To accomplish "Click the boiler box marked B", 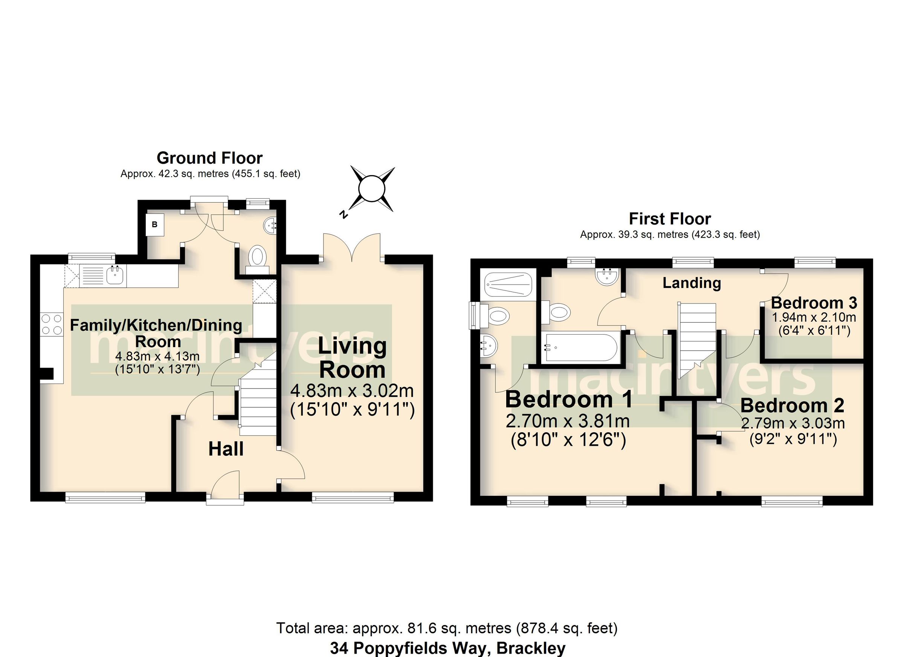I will click(154, 225).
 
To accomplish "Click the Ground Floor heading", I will click(210, 158).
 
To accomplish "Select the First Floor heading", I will click(670, 219).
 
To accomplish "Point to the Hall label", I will click(226, 450).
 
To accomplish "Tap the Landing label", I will click(692, 283).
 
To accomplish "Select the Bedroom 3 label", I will click(814, 303).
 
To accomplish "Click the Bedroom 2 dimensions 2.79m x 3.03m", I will click(793, 424).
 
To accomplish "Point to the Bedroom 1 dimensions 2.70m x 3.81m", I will click(568, 421).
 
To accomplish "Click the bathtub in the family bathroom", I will click(580, 347).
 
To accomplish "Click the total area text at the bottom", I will click(446, 628).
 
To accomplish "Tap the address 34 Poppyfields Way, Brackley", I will click(447, 648).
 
